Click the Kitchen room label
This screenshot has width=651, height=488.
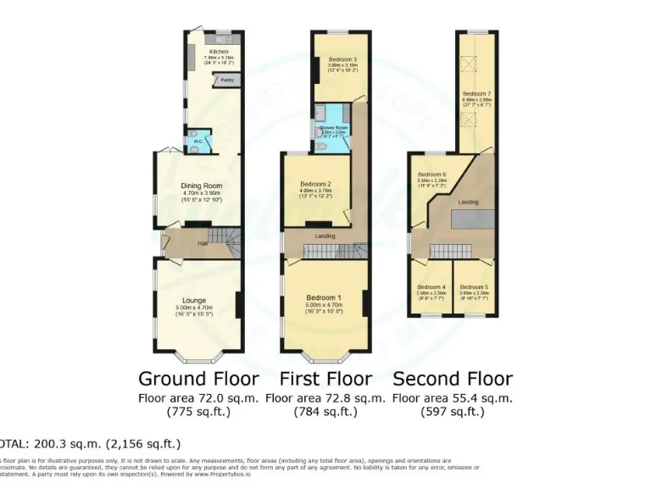click(219, 51)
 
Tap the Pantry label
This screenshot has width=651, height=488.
click(227, 80)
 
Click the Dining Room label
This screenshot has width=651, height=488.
click(201, 186)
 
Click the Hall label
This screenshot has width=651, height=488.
click(203, 245)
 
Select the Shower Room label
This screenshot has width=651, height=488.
click(334, 128)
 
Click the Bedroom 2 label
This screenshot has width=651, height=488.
click(315, 184)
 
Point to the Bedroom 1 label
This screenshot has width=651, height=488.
click(325, 297)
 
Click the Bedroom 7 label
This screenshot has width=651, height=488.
click(476, 93)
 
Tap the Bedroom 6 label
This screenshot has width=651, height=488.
click(431, 175)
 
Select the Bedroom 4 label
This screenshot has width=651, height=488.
click(431, 286)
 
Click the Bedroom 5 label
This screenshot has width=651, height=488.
click(474, 286)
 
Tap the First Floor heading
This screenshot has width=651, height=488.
click(325, 378)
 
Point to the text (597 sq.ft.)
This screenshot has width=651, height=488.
click(452, 412)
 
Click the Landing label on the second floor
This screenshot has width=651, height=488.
click(468, 202)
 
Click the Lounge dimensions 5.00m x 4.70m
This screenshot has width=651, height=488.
click(194, 307)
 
